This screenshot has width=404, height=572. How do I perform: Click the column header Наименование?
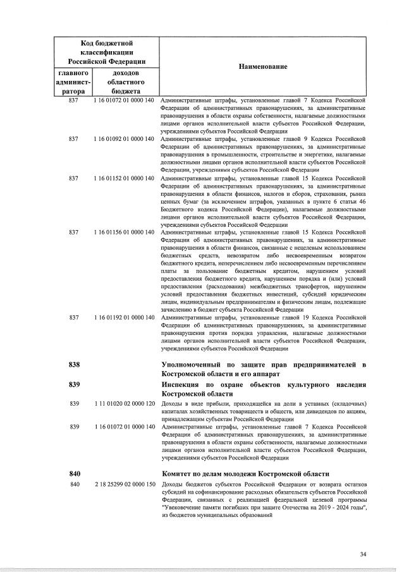click(x=262, y=67)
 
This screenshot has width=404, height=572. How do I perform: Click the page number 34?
click(x=363, y=554)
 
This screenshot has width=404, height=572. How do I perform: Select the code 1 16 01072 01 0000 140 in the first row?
click(x=123, y=100)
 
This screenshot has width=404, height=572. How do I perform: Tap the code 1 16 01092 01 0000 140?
click(x=123, y=138)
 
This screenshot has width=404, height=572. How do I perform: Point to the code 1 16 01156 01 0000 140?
click(x=123, y=233)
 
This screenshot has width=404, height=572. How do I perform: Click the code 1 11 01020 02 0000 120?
click(x=123, y=403)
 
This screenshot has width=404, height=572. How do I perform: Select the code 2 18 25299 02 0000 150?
click(x=123, y=484)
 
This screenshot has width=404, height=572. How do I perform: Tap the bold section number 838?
click(x=75, y=365)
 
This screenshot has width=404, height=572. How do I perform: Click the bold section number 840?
click(x=75, y=473)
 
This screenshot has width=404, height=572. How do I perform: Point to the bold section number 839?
click(x=75, y=384)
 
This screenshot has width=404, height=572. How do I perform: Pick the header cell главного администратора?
click(x=73, y=82)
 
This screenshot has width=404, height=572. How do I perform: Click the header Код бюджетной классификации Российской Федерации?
click(x=106, y=52)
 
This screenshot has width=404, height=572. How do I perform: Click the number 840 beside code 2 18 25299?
click(x=73, y=484)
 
